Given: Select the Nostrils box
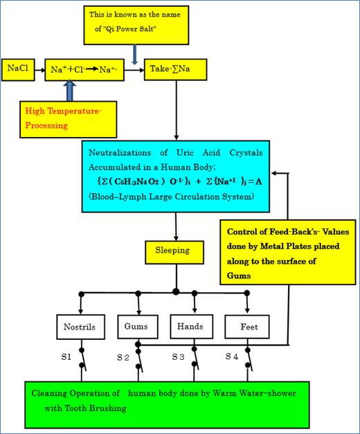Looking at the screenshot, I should click(x=80, y=325).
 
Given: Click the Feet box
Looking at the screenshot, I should click(x=247, y=325).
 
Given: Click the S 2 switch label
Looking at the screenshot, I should click(x=123, y=358).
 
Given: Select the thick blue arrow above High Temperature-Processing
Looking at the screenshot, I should click(x=68, y=91).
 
